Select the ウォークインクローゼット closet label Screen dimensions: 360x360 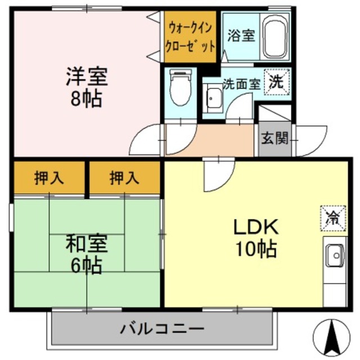click(190, 37)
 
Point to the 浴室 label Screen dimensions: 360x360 click(241, 35)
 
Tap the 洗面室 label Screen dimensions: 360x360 click(241, 84)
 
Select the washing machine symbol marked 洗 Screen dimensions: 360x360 click(277, 81)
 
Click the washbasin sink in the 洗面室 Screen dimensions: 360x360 click(214, 100)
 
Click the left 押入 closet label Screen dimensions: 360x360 click(49, 178)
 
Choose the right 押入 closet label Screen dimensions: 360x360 click(124, 178)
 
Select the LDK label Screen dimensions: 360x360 click(256, 227)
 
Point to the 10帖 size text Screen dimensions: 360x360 click(256, 248)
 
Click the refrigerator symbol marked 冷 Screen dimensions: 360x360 click(331, 217)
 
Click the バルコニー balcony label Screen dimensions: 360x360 click(162, 328)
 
